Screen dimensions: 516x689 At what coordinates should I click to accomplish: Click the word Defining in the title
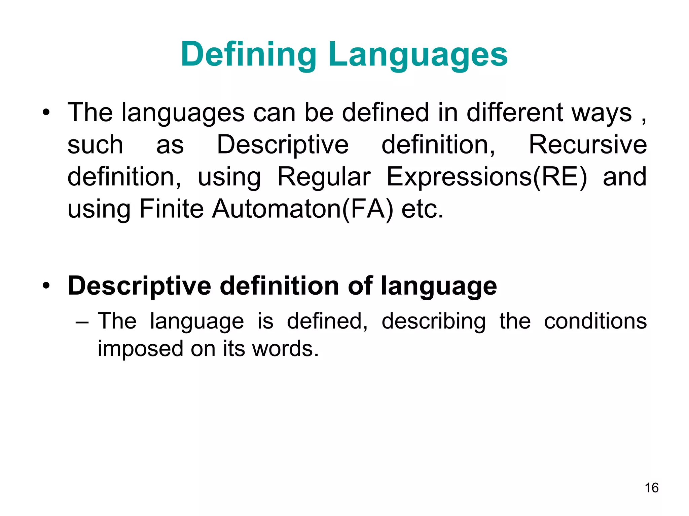pos(248,55)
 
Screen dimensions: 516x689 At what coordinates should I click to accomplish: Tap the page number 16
pos(651,488)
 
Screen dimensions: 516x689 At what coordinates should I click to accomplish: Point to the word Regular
pos(324,177)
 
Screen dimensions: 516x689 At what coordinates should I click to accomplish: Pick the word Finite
pos(171,209)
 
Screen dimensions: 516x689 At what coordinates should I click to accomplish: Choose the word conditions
pos(595,321)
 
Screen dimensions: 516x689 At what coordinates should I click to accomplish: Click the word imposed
pos(140,349)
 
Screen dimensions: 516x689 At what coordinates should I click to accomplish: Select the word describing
pos(434,321)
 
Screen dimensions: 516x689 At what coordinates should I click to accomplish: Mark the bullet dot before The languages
pos(46,113)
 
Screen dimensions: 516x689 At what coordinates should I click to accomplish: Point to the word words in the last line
pos(285,349)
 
